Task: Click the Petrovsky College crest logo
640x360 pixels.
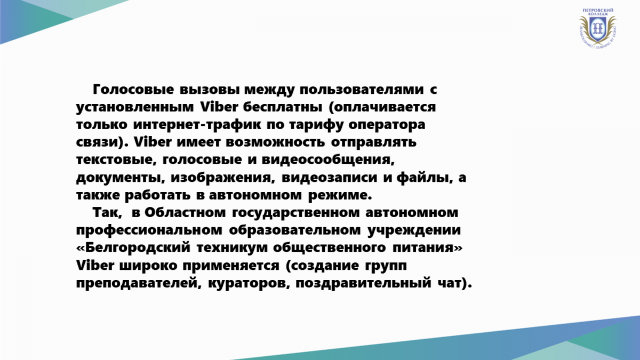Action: point(597,28)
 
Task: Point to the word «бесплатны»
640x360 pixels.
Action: point(283,107)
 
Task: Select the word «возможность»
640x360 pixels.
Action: point(275,142)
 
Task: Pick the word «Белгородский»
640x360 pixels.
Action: point(133,248)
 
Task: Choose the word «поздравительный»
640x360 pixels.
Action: point(363,283)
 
